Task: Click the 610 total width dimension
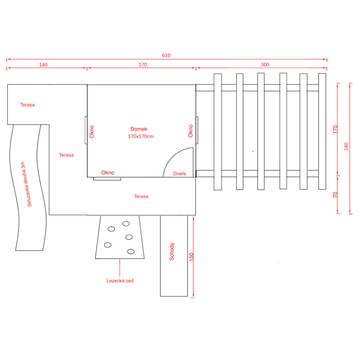coord(166,55)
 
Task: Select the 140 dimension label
coord(43,65)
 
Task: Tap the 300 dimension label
coord(265,65)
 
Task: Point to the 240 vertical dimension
coord(346,146)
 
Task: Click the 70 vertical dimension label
coord(335,195)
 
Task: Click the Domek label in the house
coord(139,129)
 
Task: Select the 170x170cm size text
coord(141,136)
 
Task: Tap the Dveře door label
coord(179,174)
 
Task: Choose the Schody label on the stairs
coord(172,251)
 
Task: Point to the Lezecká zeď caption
coord(120,281)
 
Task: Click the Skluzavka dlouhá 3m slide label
coord(26,184)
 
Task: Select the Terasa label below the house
coord(141,196)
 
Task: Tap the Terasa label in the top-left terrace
coord(27,105)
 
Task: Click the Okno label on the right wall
coord(190,131)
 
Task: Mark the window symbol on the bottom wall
coord(107,179)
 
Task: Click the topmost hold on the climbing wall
coord(126,223)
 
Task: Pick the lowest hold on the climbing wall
coord(131,251)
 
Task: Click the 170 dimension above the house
coord(143,65)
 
